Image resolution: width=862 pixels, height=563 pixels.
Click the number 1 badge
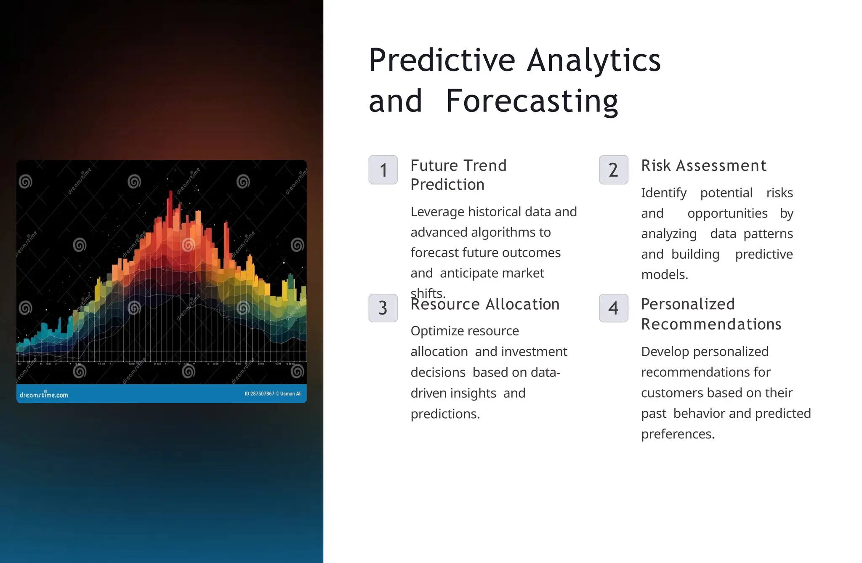pyautogui.click(x=383, y=170)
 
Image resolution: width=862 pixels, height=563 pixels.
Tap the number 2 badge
pyautogui.click(x=613, y=170)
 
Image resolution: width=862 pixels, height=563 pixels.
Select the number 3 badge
pyautogui.click(x=383, y=308)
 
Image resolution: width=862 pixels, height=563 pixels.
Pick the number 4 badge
pyautogui.click(x=613, y=308)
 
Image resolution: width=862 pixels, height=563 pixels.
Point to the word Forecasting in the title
pyautogui.click(x=532, y=102)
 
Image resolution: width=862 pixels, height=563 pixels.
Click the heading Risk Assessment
pyautogui.click(x=703, y=166)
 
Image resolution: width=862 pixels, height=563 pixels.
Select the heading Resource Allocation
pyautogui.click(x=485, y=304)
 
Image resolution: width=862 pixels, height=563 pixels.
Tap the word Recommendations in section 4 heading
pyautogui.click(x=711, y=324)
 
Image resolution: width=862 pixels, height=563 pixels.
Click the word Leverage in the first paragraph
pyautogui.click(x=437, y=212)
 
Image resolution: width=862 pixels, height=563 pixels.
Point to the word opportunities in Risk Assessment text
pyautogui.click(x=727, y=213)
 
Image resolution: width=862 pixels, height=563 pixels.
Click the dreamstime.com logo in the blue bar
pyautogui.click(x=44, y=395)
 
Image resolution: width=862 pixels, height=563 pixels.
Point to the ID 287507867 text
pyautogui.click(x=259, y=394)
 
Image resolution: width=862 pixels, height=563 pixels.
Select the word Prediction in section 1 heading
pyautogui.click(x=447, y=185)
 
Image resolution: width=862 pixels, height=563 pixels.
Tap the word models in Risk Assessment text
pyautogui.click(x=664, y=275)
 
